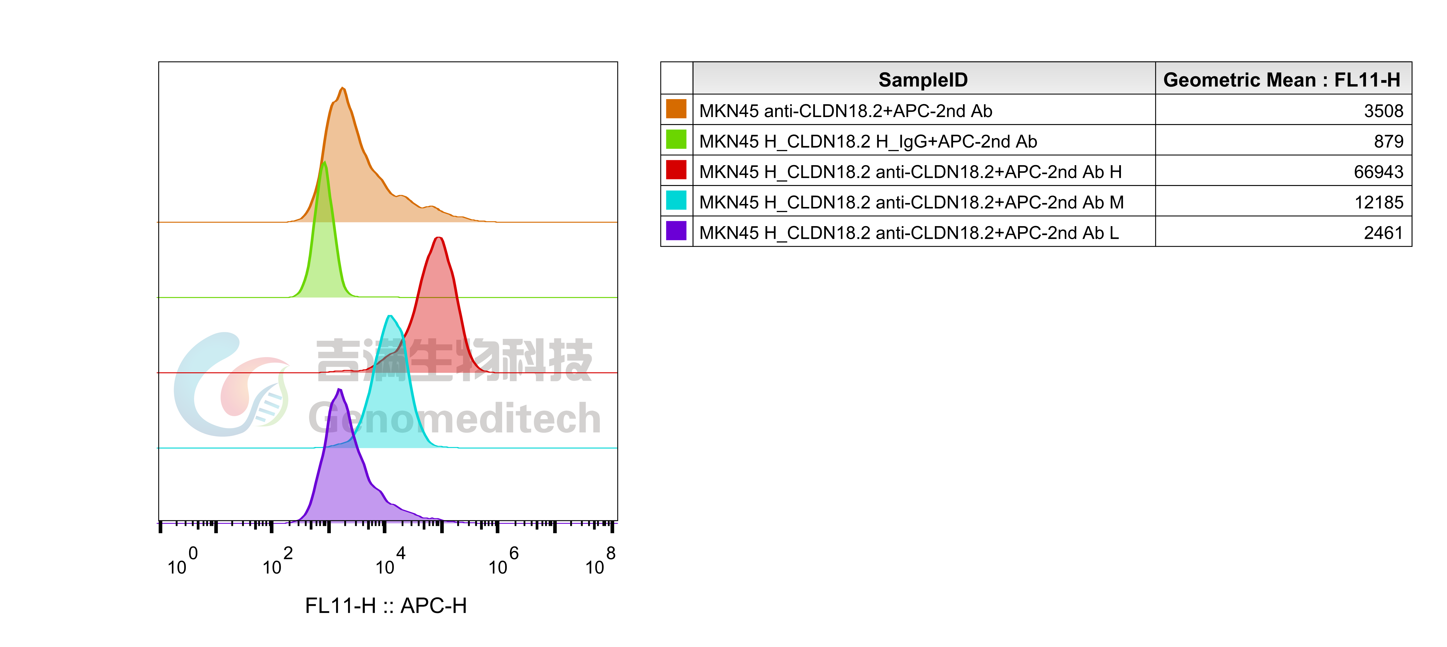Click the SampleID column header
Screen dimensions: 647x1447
pos(923,80)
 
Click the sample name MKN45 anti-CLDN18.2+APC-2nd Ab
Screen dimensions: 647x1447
pos(845,111)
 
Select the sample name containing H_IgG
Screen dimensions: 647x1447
pos(868,141)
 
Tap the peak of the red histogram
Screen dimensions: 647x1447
pos(438,238)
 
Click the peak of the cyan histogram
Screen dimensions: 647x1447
pos(390,316)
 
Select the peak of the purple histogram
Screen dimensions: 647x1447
pos(339,389)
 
